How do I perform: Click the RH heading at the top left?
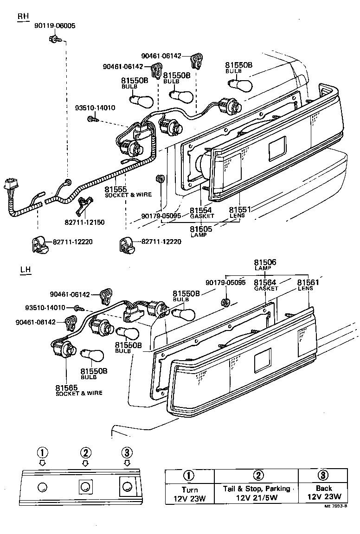coord(23,16)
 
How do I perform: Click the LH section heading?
coord(26,270)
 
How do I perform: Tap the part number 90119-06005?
coord(54,26)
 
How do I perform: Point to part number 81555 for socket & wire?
coord(116,189)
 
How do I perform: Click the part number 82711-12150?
coord(84,222)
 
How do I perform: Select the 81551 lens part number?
coord(240,210)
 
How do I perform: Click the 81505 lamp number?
coord(201,229)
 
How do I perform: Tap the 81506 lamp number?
coord(265,262)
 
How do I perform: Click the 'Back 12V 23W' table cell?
coord(324,493)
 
